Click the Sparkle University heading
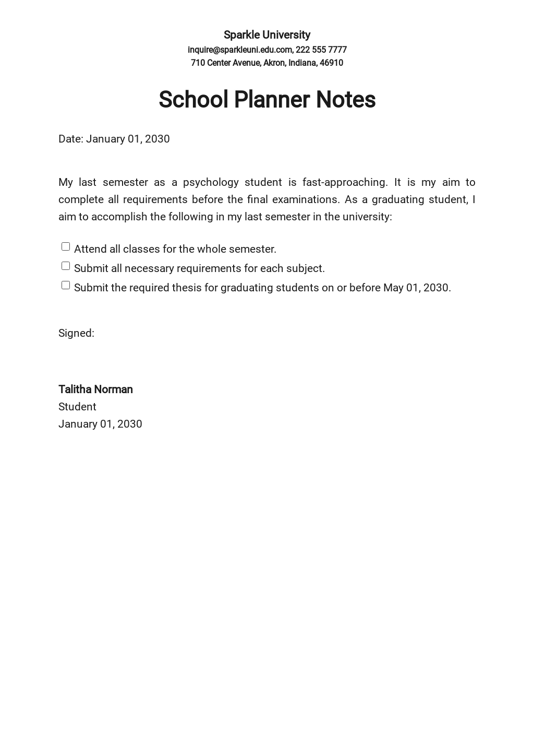266,35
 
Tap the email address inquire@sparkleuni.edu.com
239,50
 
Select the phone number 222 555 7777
321,50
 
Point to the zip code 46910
331,63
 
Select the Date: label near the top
70,139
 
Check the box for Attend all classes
66,246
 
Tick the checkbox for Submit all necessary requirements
66,266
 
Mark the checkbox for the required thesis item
66,285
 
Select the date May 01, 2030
416,288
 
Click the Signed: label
76,333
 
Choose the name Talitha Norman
95,390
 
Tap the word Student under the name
77,407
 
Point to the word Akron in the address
274,63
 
